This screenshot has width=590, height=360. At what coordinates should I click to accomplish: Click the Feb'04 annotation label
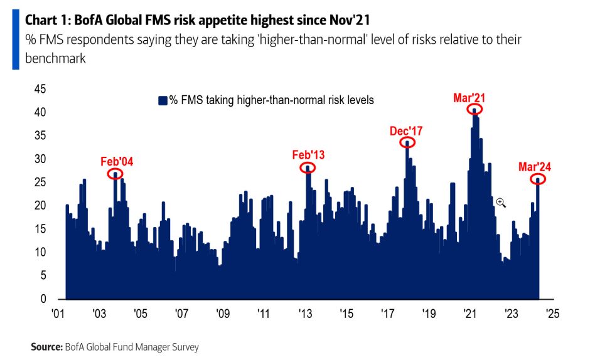click(117, 161)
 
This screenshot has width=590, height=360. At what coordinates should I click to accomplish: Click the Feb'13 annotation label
click(309, 155)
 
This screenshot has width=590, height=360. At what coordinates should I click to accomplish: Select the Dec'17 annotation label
click(407, 131)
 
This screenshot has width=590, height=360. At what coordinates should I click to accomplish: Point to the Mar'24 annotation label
click(535, 167)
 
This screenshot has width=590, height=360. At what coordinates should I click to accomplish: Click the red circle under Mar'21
click(475, 110)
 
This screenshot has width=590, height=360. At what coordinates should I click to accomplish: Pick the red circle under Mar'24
click(538, 179)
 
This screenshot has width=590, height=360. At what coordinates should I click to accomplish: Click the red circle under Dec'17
click(407, 142)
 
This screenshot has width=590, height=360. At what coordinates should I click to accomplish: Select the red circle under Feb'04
click(115, 174)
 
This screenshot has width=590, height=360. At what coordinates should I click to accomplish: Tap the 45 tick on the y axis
click(40, 90)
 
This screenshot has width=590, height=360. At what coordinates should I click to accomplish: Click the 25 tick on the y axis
click(40, 183)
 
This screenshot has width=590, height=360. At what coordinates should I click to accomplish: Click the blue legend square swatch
click(163, 100)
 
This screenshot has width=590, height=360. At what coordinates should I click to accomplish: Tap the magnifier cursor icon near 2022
click(500, 202)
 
